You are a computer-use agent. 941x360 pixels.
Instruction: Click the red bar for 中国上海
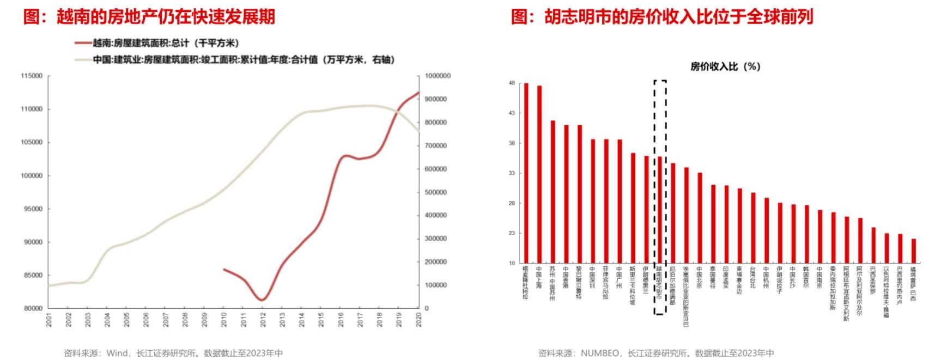point(539,174)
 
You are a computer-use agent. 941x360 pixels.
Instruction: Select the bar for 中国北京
point(700,218)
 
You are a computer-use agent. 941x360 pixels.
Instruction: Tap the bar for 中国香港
point(566,194)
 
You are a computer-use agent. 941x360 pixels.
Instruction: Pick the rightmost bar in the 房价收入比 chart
point(914,251)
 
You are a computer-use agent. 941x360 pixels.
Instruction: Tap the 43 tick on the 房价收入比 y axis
point(512,113)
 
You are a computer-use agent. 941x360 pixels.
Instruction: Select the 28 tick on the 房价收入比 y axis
point(512,203)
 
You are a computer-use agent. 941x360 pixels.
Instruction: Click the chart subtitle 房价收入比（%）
point(725,66)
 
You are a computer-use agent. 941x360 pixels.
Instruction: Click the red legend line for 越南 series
point(83,42)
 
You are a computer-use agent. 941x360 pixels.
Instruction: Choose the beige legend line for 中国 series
point(83,59)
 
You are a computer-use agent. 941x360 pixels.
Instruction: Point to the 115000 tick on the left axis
point(31,76)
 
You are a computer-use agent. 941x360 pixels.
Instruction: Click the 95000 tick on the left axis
point(31,209)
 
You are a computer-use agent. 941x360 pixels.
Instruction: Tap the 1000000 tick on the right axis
point(438,76)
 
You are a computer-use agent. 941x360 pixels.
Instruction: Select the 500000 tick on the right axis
point(435,192)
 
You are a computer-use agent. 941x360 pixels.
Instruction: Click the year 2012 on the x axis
point(262,320)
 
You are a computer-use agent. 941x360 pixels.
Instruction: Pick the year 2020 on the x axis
point(419,320)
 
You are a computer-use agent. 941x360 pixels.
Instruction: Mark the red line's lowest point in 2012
point(262,300)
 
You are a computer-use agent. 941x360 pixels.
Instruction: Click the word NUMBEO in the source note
point(600,353)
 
